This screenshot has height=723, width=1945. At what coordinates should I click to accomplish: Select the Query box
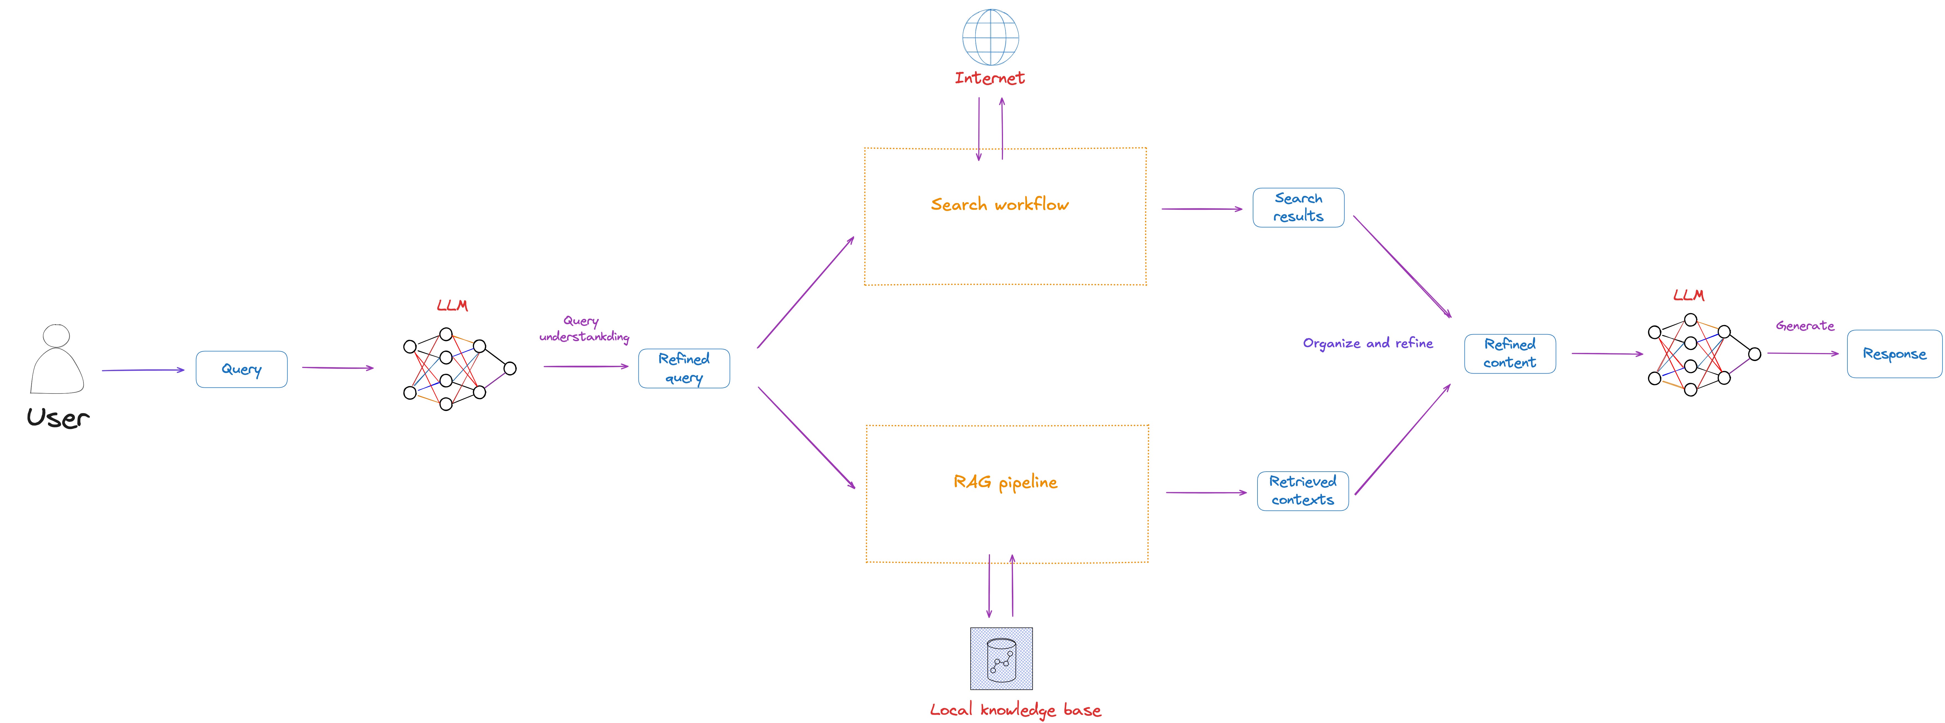242,369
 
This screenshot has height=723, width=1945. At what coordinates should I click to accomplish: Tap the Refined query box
684,368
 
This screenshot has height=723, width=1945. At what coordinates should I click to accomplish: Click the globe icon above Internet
990,37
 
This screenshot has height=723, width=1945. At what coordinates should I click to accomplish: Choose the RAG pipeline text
1005,482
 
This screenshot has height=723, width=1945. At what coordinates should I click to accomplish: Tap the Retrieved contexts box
1302,490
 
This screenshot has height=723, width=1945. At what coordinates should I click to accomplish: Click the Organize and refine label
1367,343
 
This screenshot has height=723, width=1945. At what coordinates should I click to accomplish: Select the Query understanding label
584,329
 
